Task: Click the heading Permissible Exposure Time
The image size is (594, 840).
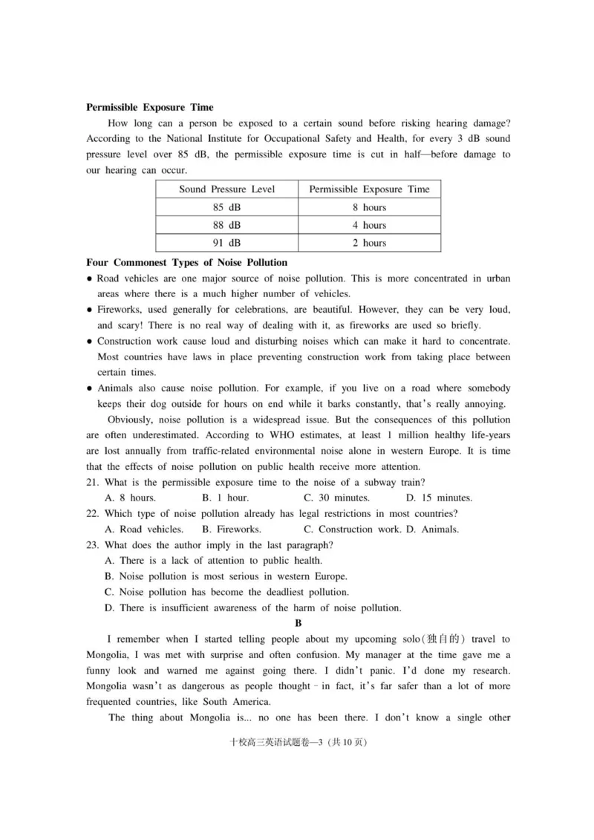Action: pyautogui.click(x=150, y=107)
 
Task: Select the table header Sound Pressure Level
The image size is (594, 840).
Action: pyautogui.click(x=226, y=189)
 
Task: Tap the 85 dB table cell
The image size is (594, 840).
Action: pyautogui.click(x=226, y=207)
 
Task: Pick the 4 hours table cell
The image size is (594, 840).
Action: pyautogui.click(x=369, y=225)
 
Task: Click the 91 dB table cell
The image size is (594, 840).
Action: pyautogui.click(x=226, y=243)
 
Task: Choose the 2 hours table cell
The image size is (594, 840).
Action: pyautogui.click(x=369, y=243)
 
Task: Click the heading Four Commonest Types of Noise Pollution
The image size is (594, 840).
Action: pyautogui.click(x=186, y=262)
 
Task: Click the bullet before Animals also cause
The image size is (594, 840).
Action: pyautogui.click(x=89, y=388)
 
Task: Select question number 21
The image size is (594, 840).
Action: pyautogui.click(x=93, y=482)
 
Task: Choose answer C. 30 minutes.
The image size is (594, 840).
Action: pyautogui.click(x=336, y=498)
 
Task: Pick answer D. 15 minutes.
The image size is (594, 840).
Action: pyautogui.click(x=439, y=498)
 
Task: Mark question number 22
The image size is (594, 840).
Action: pyautogui.click(x=93, y=513)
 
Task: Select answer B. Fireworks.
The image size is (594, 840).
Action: pyautogui.click(x=231, y=530)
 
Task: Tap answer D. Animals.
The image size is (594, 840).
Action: pyautogui.click(x=432, y=530)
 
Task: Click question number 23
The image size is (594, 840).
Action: pyautogui.click(x=93, y=545)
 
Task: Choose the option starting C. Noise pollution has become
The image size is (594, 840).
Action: pyautogui.click(x=226, y=592)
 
